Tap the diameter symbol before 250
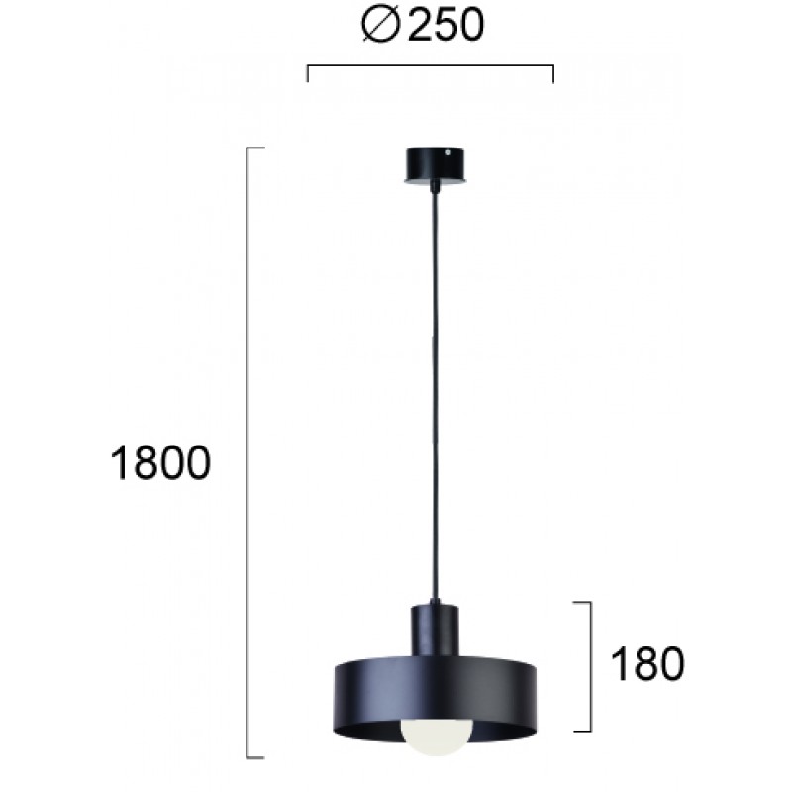pyautogui.click(x=381, y=26)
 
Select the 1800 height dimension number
pyautogui.click(x=160, y=463)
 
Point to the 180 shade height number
pyautogui.click(x=647, y=664)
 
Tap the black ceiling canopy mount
pyautogui.click(x=435, y=165)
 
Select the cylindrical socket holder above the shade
pyautogui.click(x=435, y=630)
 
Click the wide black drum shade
pyautogui.click(x=436, y=697)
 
